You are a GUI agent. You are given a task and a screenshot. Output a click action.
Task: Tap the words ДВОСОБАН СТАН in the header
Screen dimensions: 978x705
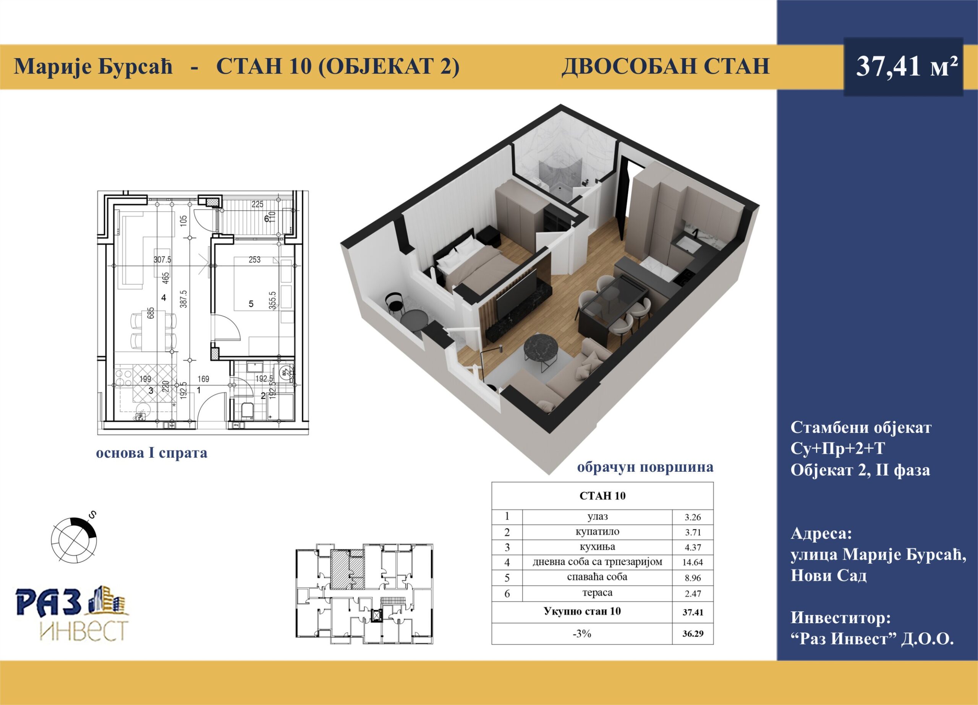[x=666, y=67]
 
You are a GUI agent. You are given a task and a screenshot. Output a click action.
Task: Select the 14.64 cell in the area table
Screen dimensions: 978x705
[x=693, y=562]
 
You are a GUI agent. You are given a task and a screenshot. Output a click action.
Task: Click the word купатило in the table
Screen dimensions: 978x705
[x=597, y=532]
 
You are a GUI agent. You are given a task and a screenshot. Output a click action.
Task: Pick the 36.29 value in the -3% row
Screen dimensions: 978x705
[x=693, y=634]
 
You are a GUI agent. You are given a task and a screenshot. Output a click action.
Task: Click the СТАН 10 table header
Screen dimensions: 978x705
[x=602, y=496]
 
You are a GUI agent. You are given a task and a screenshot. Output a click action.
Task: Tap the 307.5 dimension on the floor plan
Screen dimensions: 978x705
[x=163, y=260]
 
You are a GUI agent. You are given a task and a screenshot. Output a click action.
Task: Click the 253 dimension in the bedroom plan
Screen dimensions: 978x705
[x=254, y=260]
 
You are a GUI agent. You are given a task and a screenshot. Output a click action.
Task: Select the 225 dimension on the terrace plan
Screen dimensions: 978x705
[x=257, y=205]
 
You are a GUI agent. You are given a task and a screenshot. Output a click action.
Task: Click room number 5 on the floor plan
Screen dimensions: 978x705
[x=251, y=304]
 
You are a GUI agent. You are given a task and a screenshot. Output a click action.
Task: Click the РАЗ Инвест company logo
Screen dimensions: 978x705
[x=73, y=613]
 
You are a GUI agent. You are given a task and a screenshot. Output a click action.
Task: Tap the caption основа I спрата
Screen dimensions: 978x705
[x=152, y=453]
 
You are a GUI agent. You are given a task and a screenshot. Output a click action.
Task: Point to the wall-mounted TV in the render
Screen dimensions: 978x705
[x=516, y=295]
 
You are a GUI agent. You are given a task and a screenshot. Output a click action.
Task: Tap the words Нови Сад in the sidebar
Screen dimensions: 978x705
[x=828, y=575]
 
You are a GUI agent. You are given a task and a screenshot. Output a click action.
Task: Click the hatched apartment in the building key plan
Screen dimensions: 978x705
[x=347, y=569]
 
